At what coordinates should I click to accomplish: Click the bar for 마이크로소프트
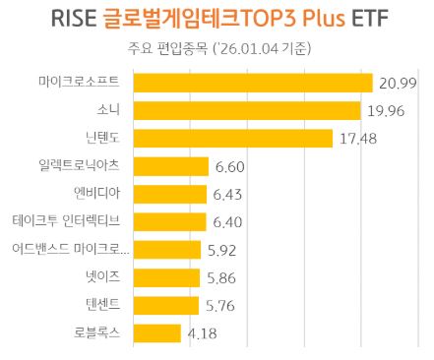click(252, 82)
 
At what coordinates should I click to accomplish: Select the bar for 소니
click(246, 109)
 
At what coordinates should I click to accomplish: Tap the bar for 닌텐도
click(232, 138)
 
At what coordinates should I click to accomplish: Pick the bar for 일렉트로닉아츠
click(170, 166)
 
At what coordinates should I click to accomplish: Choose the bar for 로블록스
click(156, 333)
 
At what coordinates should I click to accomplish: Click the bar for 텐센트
click(165, 306)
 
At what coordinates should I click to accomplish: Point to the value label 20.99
click(399, 83)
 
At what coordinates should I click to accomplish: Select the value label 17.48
click(359, 139)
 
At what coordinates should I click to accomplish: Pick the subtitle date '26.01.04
click(252, 48)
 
